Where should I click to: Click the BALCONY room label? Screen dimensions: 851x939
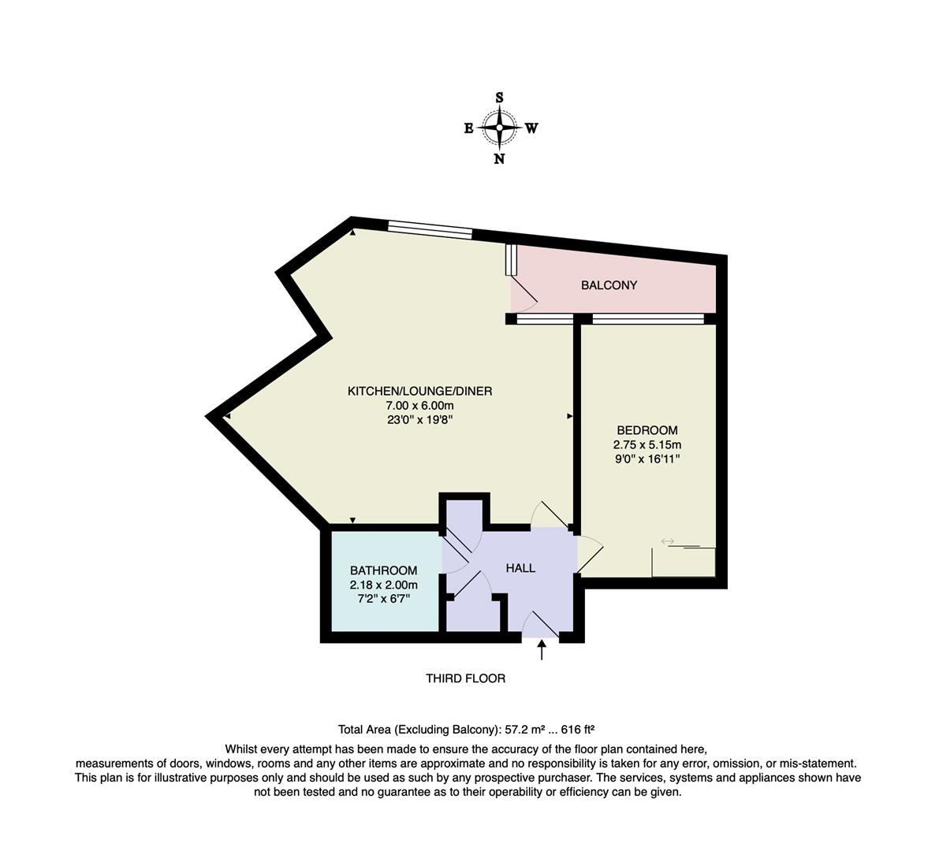(609, 285)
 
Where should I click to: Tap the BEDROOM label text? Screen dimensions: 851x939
(646, 430)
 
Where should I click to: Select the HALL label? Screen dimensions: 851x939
(520, 568)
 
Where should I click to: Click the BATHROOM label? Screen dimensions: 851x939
(383, 570)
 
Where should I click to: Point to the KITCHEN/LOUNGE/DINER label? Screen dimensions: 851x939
(419, 392)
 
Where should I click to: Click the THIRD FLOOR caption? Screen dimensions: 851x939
(465, 678)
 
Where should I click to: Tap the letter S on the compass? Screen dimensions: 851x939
(499, 98)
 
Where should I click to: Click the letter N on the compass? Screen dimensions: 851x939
(499, 158)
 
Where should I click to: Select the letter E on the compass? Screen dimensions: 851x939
(468, 128)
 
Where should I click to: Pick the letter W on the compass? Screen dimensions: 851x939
(531, 128)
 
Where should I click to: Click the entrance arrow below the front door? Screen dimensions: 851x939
(542, 649)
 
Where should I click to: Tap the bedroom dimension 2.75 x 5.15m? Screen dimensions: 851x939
(646, 444)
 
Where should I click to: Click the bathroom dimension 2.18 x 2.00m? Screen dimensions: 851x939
(383, 585)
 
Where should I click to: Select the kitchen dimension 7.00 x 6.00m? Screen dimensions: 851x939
(419, 406)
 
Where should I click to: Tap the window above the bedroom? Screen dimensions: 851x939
(647, 319)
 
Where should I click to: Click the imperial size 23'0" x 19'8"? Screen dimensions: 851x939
(419, 420)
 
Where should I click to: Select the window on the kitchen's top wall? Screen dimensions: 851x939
(430, 230)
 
